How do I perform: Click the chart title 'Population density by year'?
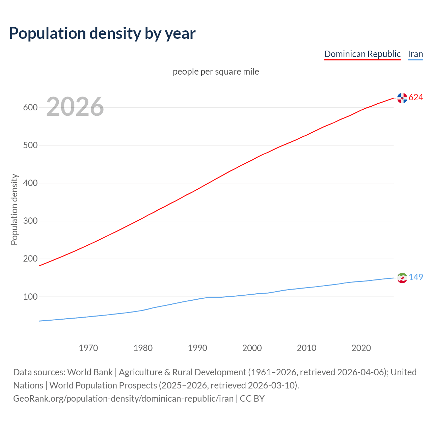click(102, 33)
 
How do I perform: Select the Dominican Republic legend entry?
click(362, 54)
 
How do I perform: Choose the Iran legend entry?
click(415, 54)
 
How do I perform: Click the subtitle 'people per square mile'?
click(216, 72)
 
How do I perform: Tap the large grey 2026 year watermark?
click(75, 107)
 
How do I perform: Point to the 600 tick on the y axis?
click(30, 108)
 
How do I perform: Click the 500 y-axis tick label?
click(30, 145)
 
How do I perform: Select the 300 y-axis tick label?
click(30, 221)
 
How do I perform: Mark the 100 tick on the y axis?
click(30, 297)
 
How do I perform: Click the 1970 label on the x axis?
click(88, 348)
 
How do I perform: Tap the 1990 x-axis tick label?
click(197, 348)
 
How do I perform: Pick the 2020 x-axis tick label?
click(361, 348)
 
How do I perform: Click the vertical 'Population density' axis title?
click(14, 209)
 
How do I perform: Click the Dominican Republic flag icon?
click(402, 98)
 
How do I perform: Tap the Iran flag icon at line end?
click(402, 278)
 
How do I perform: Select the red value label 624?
click(416, 98)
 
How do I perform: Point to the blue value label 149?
click(416, 277)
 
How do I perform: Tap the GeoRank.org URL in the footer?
click(123, 399)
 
